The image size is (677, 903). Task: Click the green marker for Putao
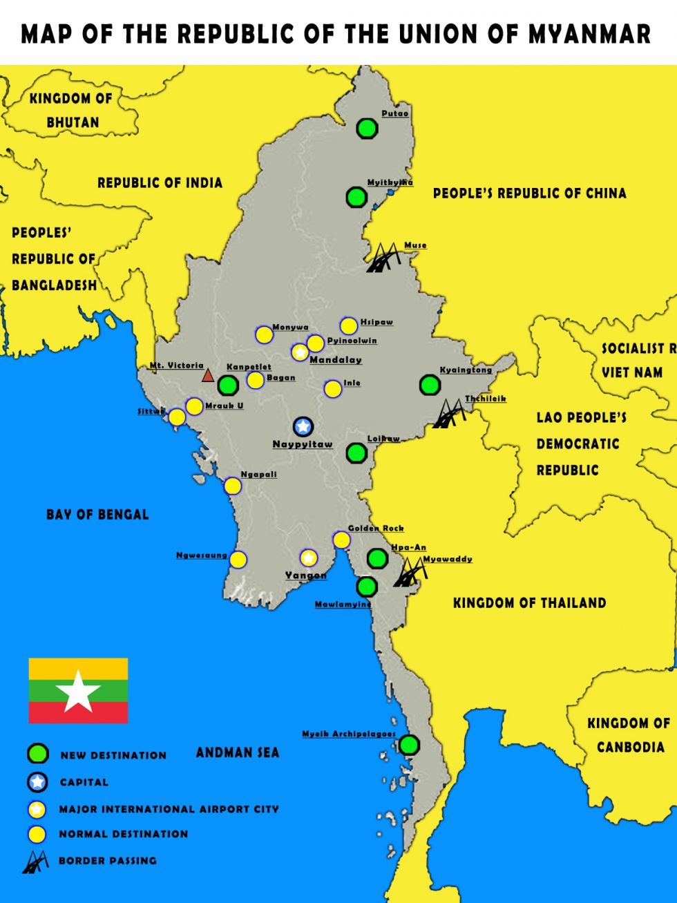coord(367,128)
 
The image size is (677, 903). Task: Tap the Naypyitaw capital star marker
coord(303,426)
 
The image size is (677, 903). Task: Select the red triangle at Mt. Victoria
coord(208,376)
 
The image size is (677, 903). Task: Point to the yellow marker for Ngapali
coord(233,486)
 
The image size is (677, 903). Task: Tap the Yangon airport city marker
coord(308,558)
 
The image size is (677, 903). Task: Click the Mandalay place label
coord(335,359)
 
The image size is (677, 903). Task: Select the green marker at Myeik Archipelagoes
coord(409,745)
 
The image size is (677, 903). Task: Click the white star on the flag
coord(78,690)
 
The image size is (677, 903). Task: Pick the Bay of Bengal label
coord(97,514)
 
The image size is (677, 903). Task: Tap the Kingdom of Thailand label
coord(529,602)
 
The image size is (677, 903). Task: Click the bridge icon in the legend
coord(35,861)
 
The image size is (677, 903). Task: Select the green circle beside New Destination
coord(37,754)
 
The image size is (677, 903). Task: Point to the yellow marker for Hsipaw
coord(349,326)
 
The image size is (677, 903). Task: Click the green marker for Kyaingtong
coord(430,385)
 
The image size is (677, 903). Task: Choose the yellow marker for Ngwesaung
coord(238,560)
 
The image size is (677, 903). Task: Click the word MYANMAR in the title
coord(590,33)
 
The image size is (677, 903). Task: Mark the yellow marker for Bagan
coord(256,380)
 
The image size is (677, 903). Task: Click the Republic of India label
coord(160,182)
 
